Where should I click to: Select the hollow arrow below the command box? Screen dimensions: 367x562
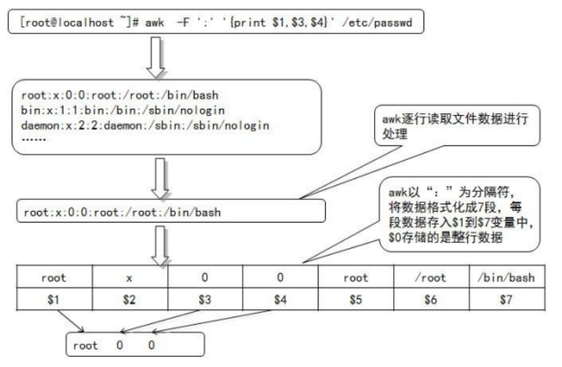pos(157,58)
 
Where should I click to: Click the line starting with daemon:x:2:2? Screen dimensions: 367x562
pos(147,125)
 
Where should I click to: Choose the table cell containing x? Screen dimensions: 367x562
pos(130,278)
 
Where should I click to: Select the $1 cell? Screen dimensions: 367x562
pos(54,299)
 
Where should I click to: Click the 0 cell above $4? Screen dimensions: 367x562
pos(281,278)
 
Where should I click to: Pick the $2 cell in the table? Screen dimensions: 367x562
pos(130,299)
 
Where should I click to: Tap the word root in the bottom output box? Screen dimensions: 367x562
pos(85,344)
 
